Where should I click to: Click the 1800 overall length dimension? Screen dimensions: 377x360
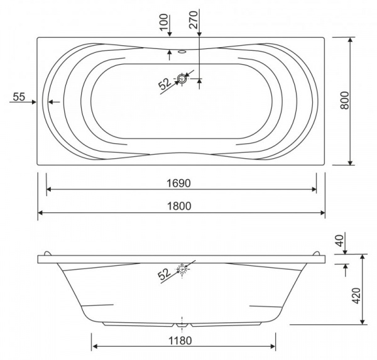[x=179, y=206]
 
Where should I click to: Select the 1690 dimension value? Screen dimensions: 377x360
[x=178, y=183]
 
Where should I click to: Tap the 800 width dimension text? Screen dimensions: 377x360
[x=344, y=101]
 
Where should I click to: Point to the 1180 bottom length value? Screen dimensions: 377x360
[x=180, y=341]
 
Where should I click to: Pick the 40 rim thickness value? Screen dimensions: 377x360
[x=339, y=241]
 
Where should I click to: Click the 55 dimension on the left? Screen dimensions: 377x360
[x=19, y=97]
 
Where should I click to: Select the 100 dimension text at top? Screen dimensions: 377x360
[x=164, y=23]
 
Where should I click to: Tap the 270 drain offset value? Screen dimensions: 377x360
[x=193, y=19]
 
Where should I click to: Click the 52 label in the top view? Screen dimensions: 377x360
[x=165, y=84]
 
